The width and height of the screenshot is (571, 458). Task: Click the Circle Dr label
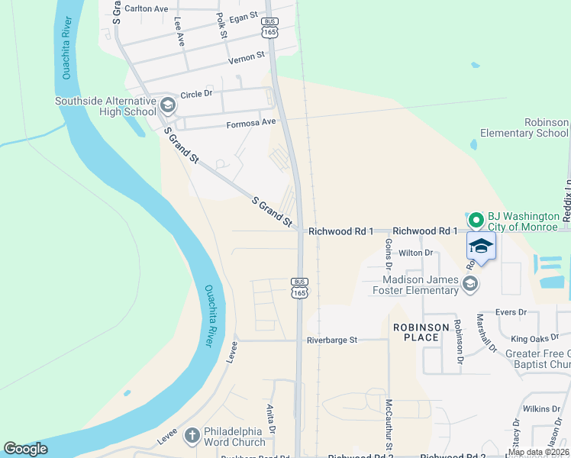(x=196, y=94)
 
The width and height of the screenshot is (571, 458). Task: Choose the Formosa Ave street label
(x=250, y=122)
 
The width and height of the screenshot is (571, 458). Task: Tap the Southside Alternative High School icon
(x=168, y=105)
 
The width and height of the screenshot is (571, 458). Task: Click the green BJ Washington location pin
(x=476, y=220)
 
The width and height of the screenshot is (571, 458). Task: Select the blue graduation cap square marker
(x=481, y=247)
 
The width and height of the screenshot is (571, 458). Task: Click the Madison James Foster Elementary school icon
(x=470, y=284)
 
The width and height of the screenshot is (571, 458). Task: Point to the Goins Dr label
(x=389, y=254)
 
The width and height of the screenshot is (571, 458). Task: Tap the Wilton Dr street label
(x=415, y=252)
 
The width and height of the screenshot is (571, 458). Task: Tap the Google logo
(x=25, y=449)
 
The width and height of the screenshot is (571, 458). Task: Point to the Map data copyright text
(x=538, y=452)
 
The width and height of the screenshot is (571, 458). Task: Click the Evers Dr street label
(x=511, y=311)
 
